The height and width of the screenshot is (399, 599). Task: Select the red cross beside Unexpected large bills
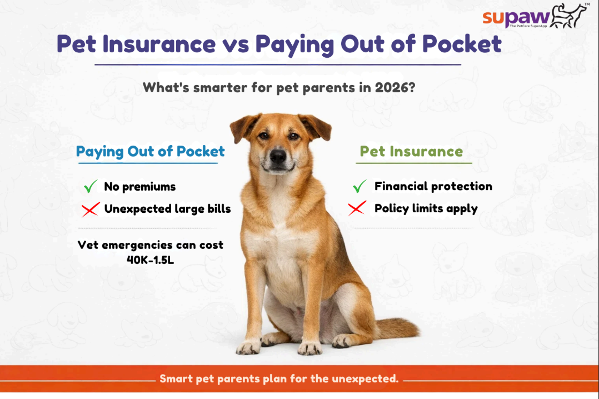91,210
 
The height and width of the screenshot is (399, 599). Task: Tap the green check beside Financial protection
360,186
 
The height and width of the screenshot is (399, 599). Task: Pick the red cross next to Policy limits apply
357,209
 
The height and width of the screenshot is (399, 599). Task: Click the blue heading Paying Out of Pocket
151,151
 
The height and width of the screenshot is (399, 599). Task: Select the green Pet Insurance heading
411,151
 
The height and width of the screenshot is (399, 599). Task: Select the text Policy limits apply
426,209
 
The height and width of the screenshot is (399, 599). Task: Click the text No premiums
139,187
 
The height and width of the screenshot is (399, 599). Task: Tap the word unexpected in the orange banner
363,379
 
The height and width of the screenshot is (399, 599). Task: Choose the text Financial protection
433,186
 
